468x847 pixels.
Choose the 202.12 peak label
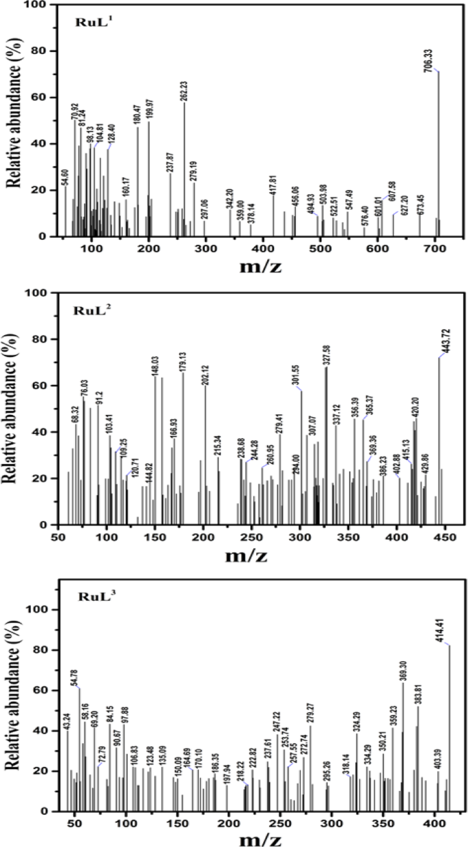(x=206, y=373)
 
